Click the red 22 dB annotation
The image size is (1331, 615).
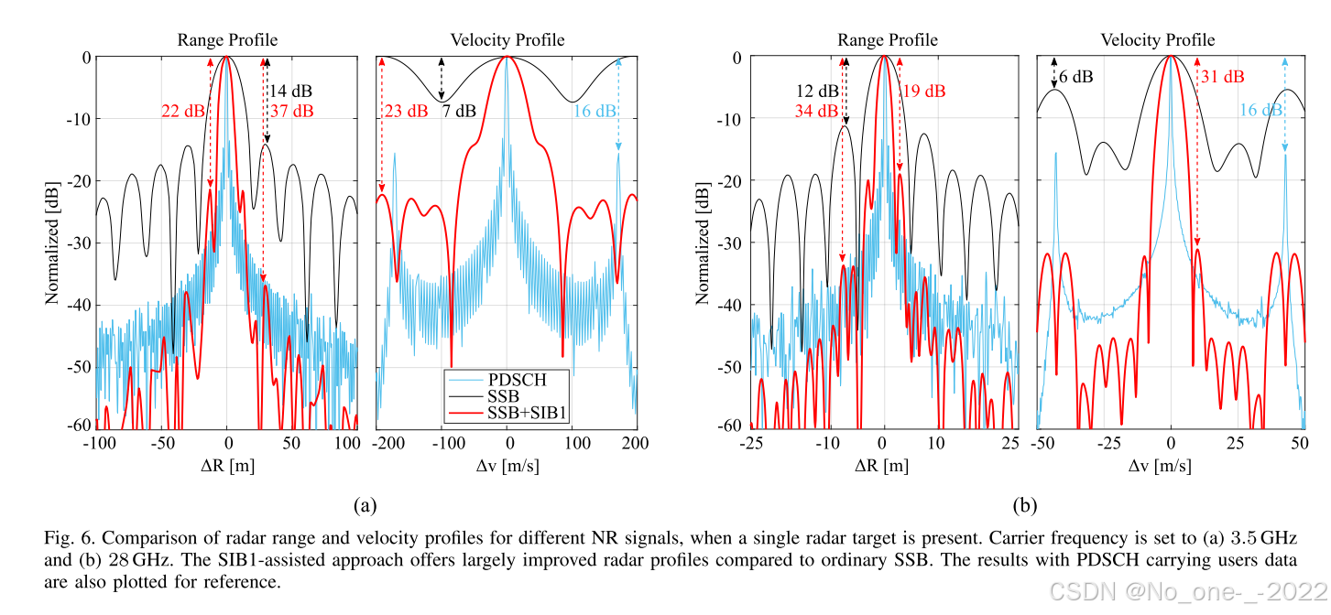182,112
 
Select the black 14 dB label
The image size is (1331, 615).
290,92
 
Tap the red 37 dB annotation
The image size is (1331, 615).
291,112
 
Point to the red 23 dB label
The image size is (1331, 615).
405,112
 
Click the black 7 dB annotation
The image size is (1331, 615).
459,112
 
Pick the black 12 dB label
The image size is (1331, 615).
815,92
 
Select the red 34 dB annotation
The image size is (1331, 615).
815,112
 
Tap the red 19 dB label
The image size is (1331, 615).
923,92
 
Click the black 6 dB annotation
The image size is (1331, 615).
1075,77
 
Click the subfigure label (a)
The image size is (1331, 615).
365,505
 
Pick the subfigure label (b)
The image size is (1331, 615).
1024,505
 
